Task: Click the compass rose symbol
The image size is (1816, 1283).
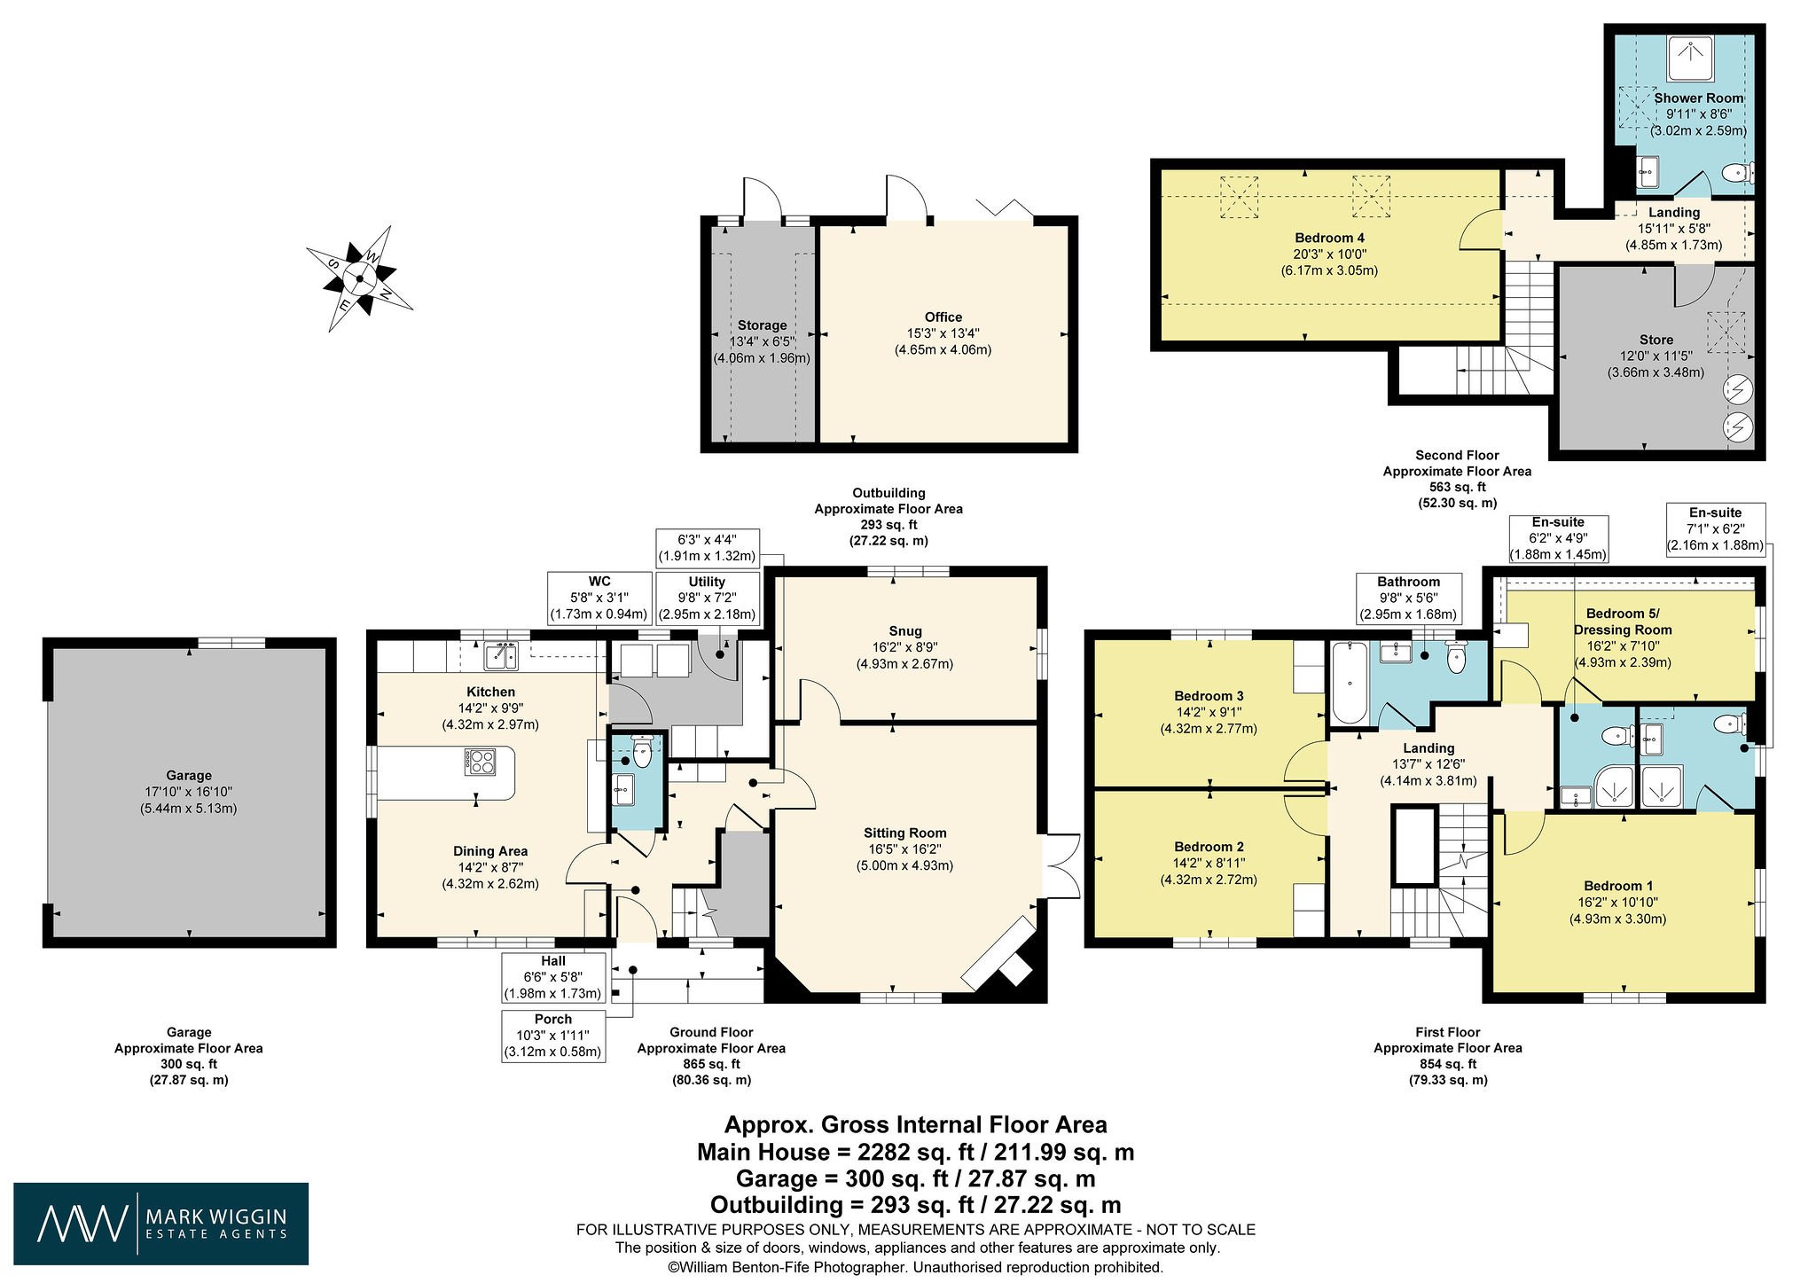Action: pos(360,278)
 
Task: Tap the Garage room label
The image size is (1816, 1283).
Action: pos(189,775)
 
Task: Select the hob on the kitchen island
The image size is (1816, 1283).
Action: pos(481,762)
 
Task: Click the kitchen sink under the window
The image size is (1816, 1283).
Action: pos(501,656)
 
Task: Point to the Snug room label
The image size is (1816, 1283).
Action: pos(904,631)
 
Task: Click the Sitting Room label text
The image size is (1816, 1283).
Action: pos(904,833)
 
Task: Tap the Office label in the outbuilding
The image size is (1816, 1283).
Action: pos(943,317)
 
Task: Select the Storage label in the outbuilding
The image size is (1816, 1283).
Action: pos(762,325)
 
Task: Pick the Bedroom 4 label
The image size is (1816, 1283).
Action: pos(1329,238)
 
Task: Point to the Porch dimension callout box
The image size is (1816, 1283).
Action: pos(553,1036)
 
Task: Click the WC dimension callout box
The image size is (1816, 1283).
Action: pos(599,598)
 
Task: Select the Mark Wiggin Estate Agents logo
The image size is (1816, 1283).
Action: pos(161,1224)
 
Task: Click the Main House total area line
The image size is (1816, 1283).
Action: pos(915,1152)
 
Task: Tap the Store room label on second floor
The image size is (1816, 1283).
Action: pos(1656,340)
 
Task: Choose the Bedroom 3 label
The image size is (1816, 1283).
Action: pos(1209,695)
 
